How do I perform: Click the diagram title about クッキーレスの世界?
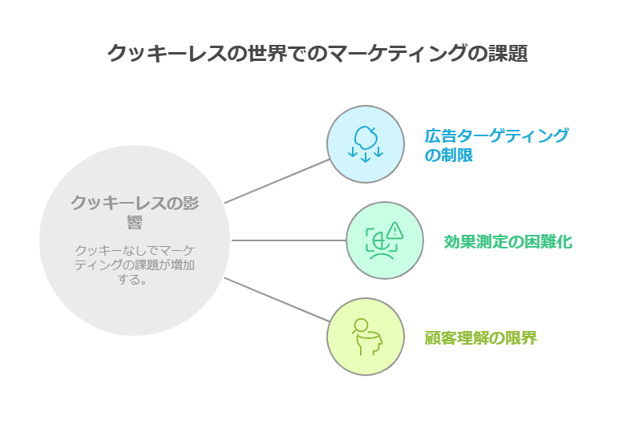(x=317, y=53)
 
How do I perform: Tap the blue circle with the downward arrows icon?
(x=365, y=143)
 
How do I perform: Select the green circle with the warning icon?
(x=385, y=240)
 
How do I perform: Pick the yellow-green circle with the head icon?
(x=366, y=337)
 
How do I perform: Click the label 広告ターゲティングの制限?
(x=496, y=144)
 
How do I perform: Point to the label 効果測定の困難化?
(x=508, y=241)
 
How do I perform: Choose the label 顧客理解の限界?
(x=480, y=337)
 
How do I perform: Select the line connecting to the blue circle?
(x=276, y=181)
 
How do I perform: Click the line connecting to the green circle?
(x=289, y=240)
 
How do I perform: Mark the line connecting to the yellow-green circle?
(x=276, y=300)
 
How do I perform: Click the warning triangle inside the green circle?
(x=394, y=232)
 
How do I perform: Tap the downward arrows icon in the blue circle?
(x=366, y=152)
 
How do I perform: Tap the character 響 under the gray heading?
(x=135, y=221)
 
